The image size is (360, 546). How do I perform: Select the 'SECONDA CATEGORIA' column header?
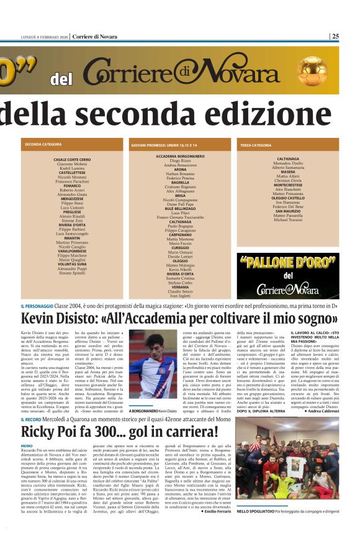click(x=43, y=145)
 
